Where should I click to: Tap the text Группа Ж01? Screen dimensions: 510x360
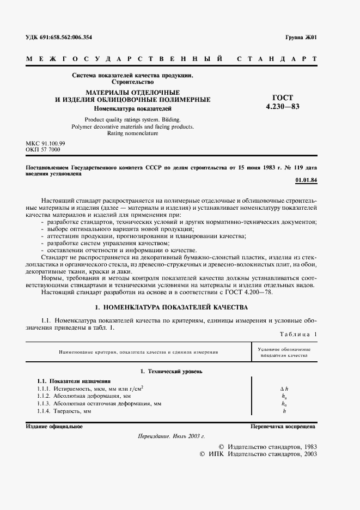tap(301, 38)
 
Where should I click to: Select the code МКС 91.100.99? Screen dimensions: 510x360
tap(45, 143)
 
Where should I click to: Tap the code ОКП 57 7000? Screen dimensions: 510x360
tap(43, 149)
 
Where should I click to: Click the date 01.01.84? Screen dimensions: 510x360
tap(306, 179)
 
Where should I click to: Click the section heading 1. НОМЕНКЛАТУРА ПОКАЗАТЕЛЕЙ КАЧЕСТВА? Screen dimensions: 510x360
tap(172, 307)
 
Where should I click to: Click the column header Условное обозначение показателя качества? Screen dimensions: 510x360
tap(284, 351)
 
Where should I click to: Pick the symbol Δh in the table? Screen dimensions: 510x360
tap(284, 388)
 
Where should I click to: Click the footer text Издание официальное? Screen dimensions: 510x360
tap(54, 426)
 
